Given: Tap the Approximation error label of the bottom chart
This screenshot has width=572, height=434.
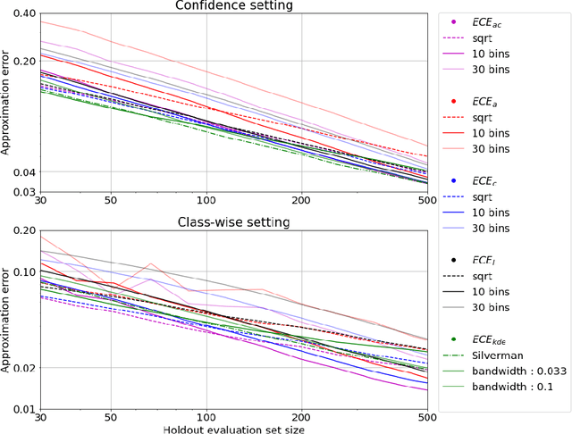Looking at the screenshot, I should click(7, 318).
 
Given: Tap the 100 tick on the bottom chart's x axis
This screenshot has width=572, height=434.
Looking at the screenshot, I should click(206, 417).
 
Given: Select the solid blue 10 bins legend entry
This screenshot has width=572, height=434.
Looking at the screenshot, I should click(492, 213).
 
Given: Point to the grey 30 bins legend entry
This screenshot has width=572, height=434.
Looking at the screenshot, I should click(492, 308).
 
